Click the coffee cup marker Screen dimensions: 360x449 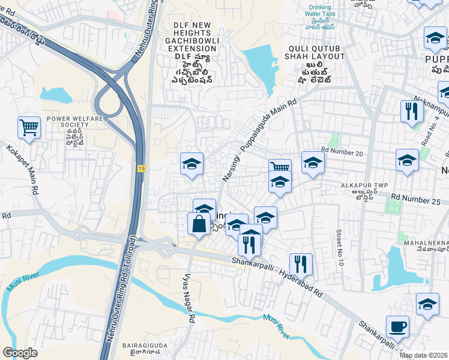397,328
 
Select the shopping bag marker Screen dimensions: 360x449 199,224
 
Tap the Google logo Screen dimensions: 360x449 20,352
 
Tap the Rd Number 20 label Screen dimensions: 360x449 342,154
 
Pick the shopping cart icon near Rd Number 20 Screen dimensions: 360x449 280,169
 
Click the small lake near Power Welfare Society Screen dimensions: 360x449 56,95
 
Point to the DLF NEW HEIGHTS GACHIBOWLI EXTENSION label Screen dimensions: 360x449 192,36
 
